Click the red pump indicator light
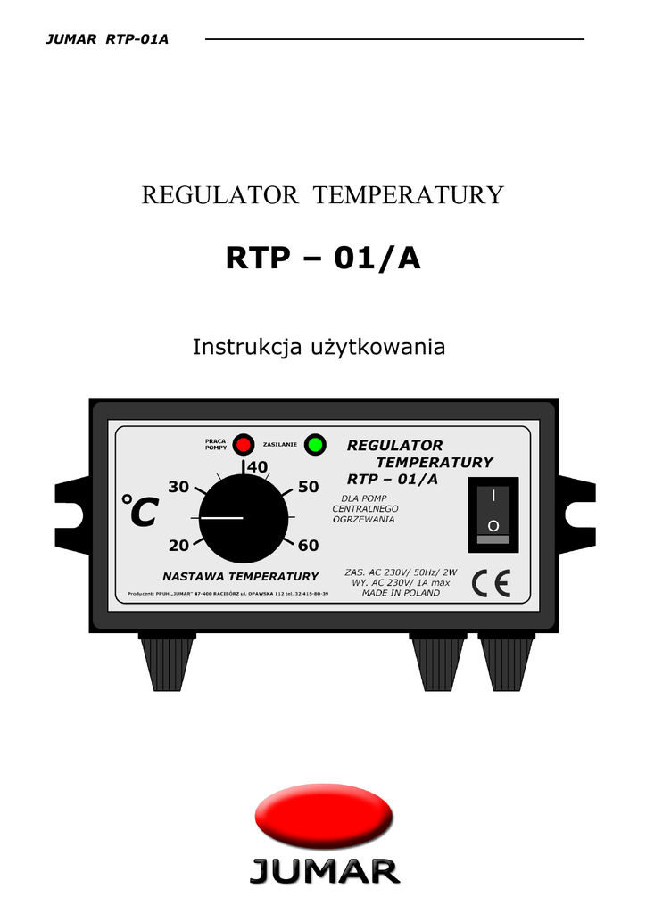click(243, 443)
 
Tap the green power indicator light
click(314, 443)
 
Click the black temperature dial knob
click(244, 518)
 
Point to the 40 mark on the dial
click(257, 466)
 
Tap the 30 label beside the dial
click(178, 487)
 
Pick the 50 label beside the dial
click(309, 487)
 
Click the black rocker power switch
click(493, 514)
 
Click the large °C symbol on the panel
click(139, 511)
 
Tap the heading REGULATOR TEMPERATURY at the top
click(323, 195)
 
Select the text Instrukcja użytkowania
click(319, 347)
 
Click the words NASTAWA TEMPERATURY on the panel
click(240, 576)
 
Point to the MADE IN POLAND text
click(401, 593)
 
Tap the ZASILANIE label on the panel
click(280, 443)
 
